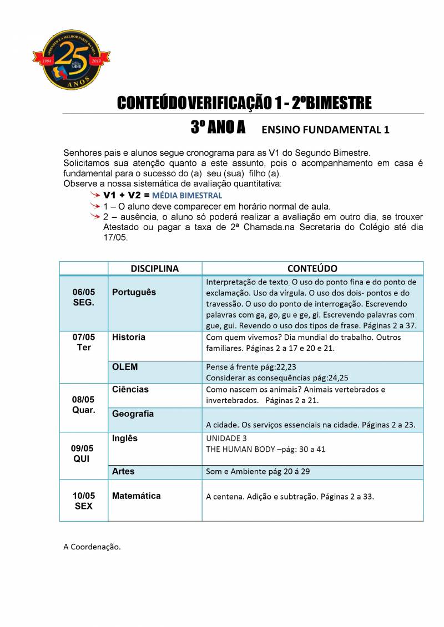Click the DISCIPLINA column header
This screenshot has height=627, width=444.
pos(155,268)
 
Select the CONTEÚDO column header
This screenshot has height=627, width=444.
pos(312,268)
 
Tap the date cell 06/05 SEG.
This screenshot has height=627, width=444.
pos(84,298)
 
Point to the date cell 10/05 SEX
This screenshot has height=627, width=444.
pos(84,501)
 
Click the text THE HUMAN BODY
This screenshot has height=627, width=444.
pos(241,449)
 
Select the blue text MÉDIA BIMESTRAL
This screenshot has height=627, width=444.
pos(187,196)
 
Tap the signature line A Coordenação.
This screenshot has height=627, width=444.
pos(92,547)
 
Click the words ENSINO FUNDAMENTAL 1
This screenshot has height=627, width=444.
pos(325,130)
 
